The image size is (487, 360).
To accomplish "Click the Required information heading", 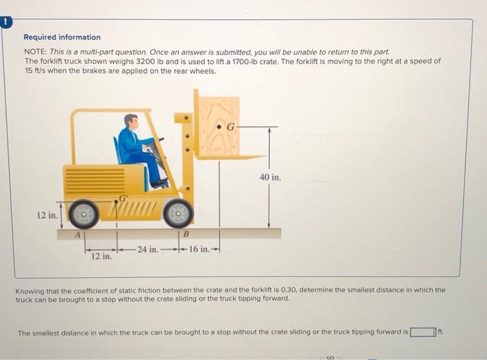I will [x=62, y=37].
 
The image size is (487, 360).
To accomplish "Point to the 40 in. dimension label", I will [x=270, y=178].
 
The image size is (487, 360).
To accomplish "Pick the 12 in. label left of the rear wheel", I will [x=47, y=215].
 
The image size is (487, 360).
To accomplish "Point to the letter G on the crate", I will [x=232, y=127].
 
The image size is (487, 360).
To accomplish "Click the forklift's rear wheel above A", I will [x=83, y=214].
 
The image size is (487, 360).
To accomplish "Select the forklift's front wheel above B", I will [x=179, y=213].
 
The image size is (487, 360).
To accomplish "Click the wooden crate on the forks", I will [x=218, y=125].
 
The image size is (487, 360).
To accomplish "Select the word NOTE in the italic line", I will [x=35, y=52].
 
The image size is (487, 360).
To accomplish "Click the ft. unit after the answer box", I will [x=442, y=332].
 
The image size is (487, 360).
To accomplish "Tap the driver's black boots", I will [x=159, y=182].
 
